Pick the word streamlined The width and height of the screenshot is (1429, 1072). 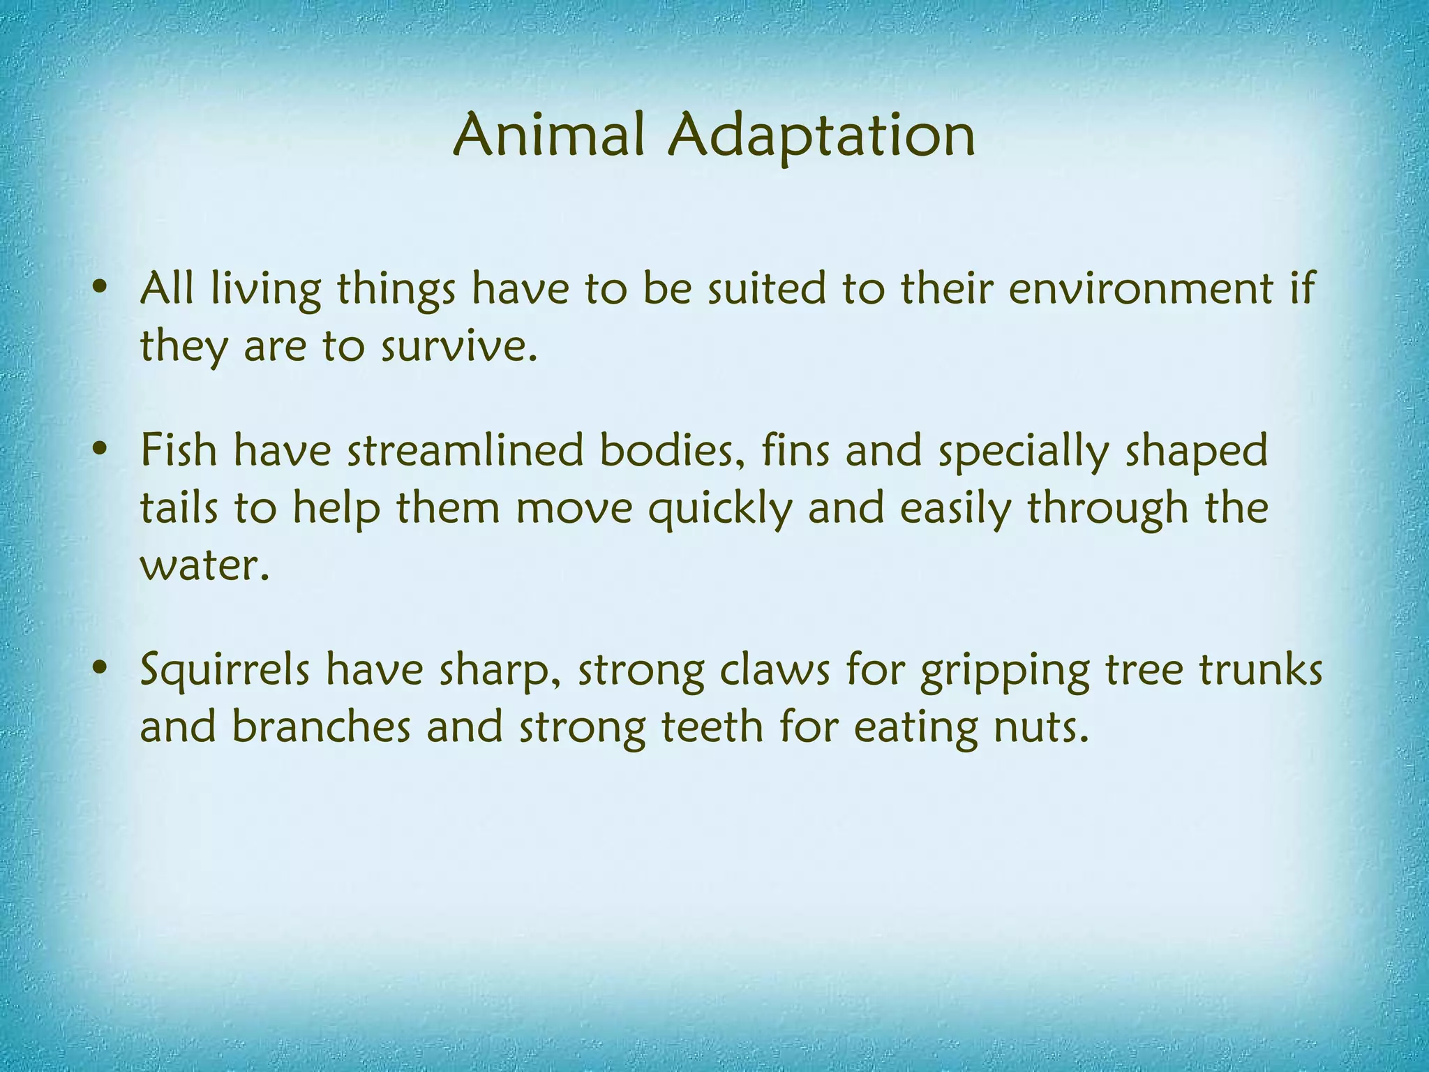[465, 449]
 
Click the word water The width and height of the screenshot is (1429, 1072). [203, 565]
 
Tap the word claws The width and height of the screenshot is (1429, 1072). [775, 670]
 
